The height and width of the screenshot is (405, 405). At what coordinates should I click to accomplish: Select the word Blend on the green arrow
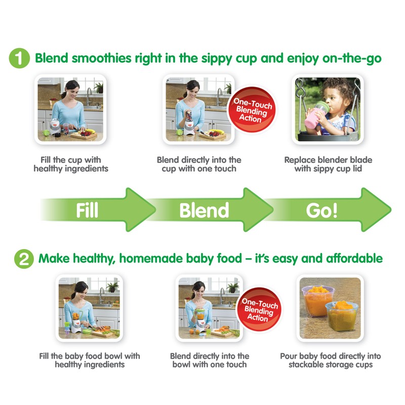[x=204, y=210]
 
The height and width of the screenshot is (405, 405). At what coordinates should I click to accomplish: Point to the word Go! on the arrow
[x=321, y=210]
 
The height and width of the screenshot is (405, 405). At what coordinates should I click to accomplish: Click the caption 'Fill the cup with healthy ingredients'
[x=71, y=164]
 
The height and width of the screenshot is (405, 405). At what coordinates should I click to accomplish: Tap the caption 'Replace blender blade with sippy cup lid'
[x=328, y=164]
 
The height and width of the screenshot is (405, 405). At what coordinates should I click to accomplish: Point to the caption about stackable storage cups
[x=330, y=360]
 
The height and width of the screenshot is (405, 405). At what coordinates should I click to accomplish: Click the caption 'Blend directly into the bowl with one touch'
[x=210, y=360]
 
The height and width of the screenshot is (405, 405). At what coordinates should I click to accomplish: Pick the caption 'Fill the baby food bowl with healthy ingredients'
[x=90, y=360]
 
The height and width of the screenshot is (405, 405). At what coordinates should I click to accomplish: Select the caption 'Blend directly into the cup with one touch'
[x=199, y=164]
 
